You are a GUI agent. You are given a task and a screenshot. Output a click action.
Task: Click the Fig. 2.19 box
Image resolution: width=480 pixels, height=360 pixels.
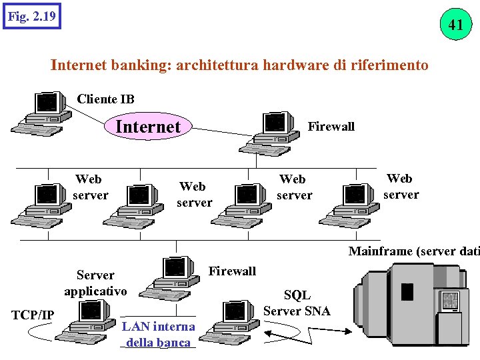click(x=31, y=15)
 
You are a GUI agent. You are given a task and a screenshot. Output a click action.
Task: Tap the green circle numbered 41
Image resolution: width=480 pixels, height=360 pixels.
click(x=455, y=25)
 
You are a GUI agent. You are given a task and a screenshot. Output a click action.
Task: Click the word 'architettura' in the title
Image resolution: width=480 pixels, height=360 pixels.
click(x=215, y=65)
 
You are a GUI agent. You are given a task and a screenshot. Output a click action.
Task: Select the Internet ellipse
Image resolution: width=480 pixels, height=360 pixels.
click(x=148, y=126)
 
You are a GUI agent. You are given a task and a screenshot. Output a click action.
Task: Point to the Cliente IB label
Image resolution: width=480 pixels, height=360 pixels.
click(x=105, y=99)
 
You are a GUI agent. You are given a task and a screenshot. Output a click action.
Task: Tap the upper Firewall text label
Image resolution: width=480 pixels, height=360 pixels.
click(x=331, y=126)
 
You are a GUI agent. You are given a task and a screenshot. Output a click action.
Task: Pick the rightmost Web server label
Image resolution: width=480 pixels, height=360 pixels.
click(x=401, y=187)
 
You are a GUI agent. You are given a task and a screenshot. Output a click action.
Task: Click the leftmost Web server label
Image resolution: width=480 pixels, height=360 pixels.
click(x=89, y=187)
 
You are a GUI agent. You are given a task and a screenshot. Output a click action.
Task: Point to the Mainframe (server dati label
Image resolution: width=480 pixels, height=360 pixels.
click(x=413, y=251)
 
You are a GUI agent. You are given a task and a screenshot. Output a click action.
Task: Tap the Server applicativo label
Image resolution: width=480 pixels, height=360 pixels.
click(x=95, y=283)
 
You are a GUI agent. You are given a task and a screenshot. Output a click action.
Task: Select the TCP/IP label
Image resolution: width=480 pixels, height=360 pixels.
click(x=33, y=315)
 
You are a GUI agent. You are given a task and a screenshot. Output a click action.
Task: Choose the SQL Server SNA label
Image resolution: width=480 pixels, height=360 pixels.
click(x=297, y=303)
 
